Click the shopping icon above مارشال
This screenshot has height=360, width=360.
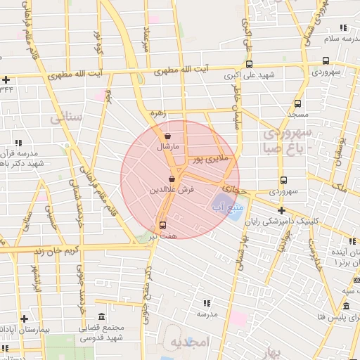point(167,136)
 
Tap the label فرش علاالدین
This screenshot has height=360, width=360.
point(167,191)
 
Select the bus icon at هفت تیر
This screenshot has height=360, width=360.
point(163,226)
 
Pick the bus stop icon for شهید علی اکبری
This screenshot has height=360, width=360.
point(249,63)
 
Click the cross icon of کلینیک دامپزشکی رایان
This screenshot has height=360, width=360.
point(281,210)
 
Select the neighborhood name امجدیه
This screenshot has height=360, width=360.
point(190,342)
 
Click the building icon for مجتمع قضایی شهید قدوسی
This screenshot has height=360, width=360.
point(102,316)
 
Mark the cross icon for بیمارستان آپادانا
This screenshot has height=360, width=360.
point(24,318)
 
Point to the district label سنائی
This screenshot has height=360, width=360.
point(66,117)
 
